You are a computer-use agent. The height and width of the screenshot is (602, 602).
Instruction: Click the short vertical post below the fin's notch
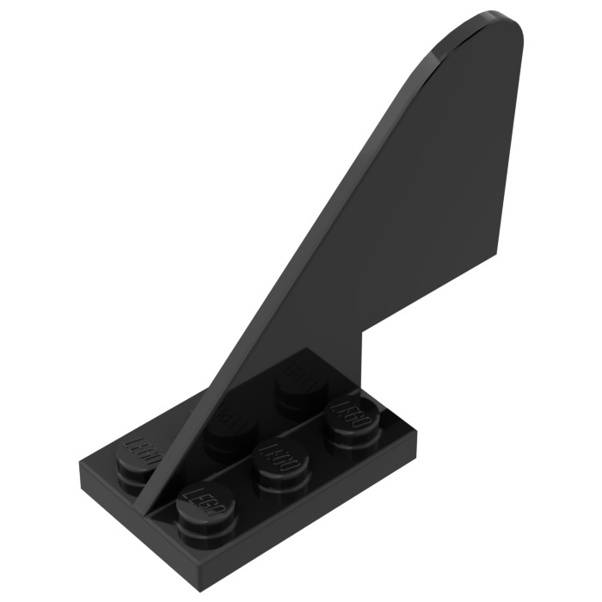[x=367, y=361]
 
